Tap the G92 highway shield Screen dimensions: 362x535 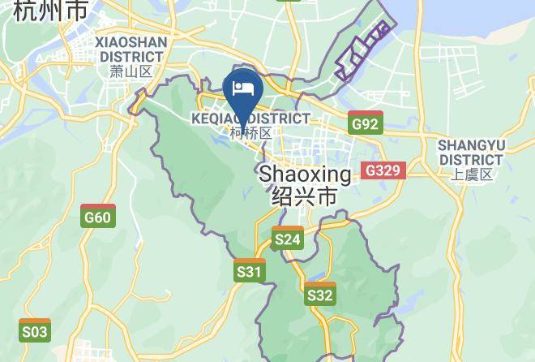(366, 124)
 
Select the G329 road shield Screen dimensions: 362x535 (382, 170)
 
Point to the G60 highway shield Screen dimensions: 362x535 (98, 217)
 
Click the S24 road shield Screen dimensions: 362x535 (288, 239)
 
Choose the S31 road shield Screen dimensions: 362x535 (250, 272)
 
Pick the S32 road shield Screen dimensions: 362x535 (320, 295)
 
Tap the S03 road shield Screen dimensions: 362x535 (35, 331)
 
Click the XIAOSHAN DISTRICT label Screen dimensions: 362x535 (130, 49)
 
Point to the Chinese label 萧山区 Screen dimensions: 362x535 (130, 71)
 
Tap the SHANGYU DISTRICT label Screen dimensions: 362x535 (471, 152)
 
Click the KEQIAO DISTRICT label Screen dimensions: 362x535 (250, 119)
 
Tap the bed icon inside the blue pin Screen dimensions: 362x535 (240, 86)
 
